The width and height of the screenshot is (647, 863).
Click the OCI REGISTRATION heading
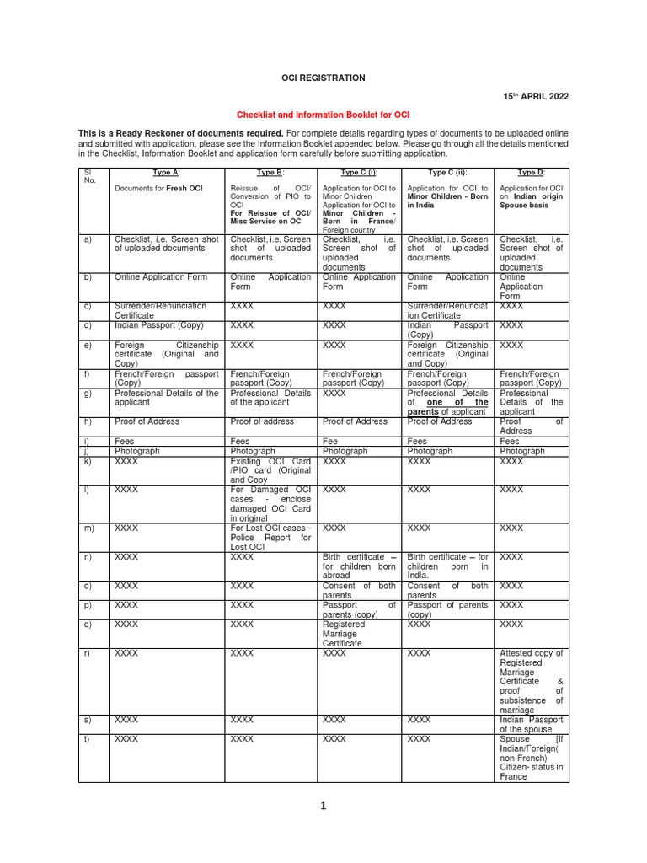coord(323,78)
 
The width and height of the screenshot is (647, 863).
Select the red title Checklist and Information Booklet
coord(323,114)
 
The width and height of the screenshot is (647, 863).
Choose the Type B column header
coord(270,172)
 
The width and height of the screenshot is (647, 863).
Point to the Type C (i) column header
coord(359,172)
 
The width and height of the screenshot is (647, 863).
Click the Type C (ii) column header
coord(447,172)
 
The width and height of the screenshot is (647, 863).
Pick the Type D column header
coord(531,172)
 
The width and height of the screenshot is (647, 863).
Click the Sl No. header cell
coord(93,177)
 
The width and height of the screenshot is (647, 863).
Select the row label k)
coord(88,462)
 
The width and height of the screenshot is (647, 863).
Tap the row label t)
coord(88,738)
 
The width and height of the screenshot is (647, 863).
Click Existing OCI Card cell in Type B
coord(270,470)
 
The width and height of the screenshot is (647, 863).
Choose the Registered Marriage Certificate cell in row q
coord(359,634)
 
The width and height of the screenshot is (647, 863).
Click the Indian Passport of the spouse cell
coord(532,724)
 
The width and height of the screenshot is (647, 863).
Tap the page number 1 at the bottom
coord(322,807)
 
